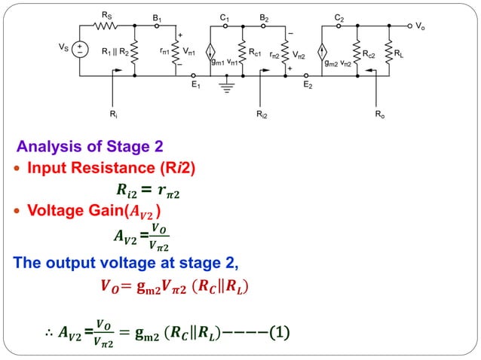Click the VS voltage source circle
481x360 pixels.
[78, 50]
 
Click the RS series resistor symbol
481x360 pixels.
[106, 25]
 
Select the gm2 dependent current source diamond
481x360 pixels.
[322, 52]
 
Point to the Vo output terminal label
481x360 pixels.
[420, 26]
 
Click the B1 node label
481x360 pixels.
[157, 16]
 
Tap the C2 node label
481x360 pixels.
[339, 16]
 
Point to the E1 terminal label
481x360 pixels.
[195, 86]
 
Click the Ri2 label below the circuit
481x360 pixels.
[262, 116]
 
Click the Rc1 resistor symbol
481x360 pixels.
[243, 51]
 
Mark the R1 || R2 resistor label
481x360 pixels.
[115, 53]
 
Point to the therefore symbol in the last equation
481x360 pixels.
[49, 332]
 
